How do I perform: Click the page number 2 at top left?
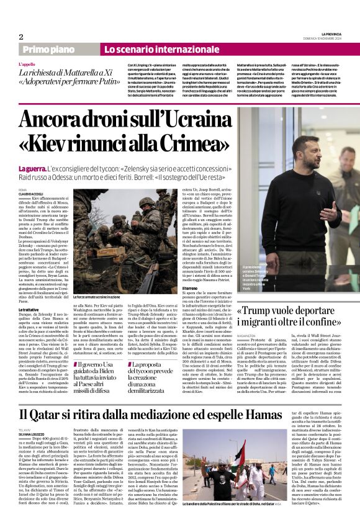21,37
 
